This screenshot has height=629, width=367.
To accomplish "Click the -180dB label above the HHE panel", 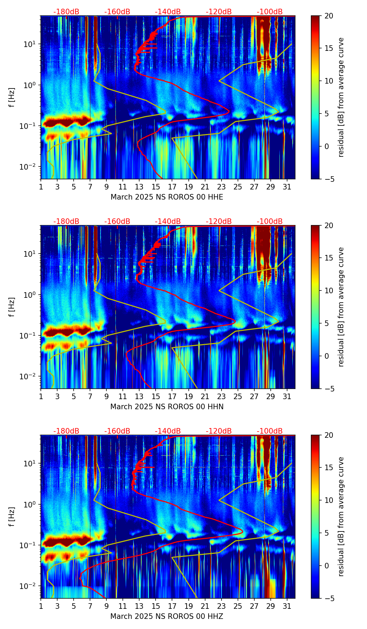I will click(66, 12).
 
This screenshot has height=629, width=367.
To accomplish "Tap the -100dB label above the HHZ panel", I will click(270, 431).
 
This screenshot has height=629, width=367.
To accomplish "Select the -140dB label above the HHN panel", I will click(168, 222).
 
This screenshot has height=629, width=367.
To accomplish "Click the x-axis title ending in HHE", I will click(167, 197).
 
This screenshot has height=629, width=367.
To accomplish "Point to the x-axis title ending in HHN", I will click(167, 407).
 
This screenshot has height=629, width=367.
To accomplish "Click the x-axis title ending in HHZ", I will click(167, 616).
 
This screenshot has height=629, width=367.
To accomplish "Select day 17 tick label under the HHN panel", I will click(172, 397).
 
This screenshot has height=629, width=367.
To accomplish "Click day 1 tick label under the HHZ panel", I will click(41, 606).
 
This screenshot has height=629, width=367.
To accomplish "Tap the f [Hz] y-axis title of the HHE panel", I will click(12, 98).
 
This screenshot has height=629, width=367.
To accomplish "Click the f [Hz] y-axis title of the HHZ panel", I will click(12, 517).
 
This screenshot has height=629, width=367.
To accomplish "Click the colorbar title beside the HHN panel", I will click(341, 307).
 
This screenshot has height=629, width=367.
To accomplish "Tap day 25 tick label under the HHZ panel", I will click(238, 606).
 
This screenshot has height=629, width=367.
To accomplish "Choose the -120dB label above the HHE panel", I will click(219, 12).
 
